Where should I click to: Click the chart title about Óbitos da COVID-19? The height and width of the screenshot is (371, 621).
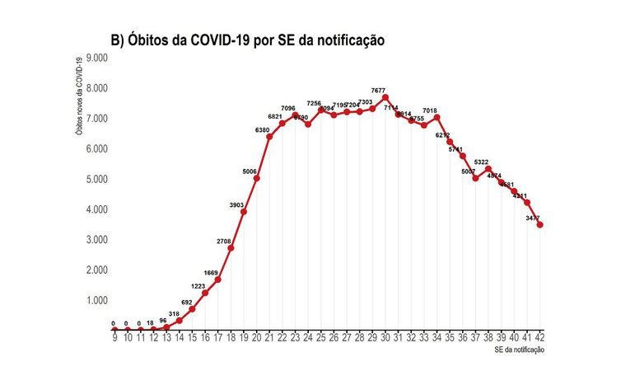click(x=248, y=40)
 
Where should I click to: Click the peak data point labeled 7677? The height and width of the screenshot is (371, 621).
click(x=385, y=97)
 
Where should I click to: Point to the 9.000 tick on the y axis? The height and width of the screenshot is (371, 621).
click(x=97, y=59)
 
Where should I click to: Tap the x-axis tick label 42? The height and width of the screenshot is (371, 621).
click(x=539, y=337)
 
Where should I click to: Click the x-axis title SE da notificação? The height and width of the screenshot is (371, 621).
click(x=514, y=350)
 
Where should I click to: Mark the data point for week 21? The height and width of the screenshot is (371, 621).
click(x=269, y=136)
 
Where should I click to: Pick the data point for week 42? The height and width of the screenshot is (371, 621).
click(x=539, y=224)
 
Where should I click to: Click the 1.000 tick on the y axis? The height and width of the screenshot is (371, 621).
click(x=97, y=300)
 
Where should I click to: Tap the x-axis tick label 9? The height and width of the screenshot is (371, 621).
click(x=114, y=337)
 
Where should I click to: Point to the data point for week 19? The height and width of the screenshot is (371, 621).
click(x=243, y=212)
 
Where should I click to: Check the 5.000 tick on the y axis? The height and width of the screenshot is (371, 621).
click(x=97, y=179)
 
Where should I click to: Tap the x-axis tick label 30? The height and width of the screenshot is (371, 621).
click(x=385, y=337)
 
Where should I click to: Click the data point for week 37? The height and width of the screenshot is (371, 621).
click(x=475, y=178)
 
